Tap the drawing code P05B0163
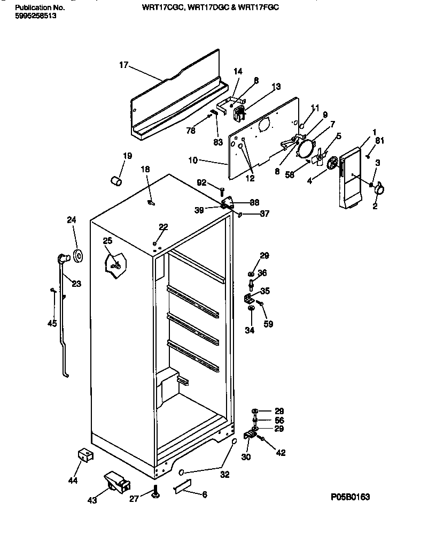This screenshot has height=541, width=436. tap(350, 497)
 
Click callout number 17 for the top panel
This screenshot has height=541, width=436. tap(123, 65)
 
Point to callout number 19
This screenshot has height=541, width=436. tap(127, 156)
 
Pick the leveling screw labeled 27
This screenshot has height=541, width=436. tap(155, 491)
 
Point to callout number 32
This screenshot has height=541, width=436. tap(225, 474)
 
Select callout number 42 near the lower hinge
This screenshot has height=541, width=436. tap(281, 453)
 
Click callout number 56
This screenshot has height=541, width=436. tap(279, 421)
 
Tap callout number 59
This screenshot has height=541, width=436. tap(268, 323)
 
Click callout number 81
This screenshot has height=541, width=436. tap(379, 141)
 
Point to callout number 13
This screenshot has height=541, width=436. tap(276, 86)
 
